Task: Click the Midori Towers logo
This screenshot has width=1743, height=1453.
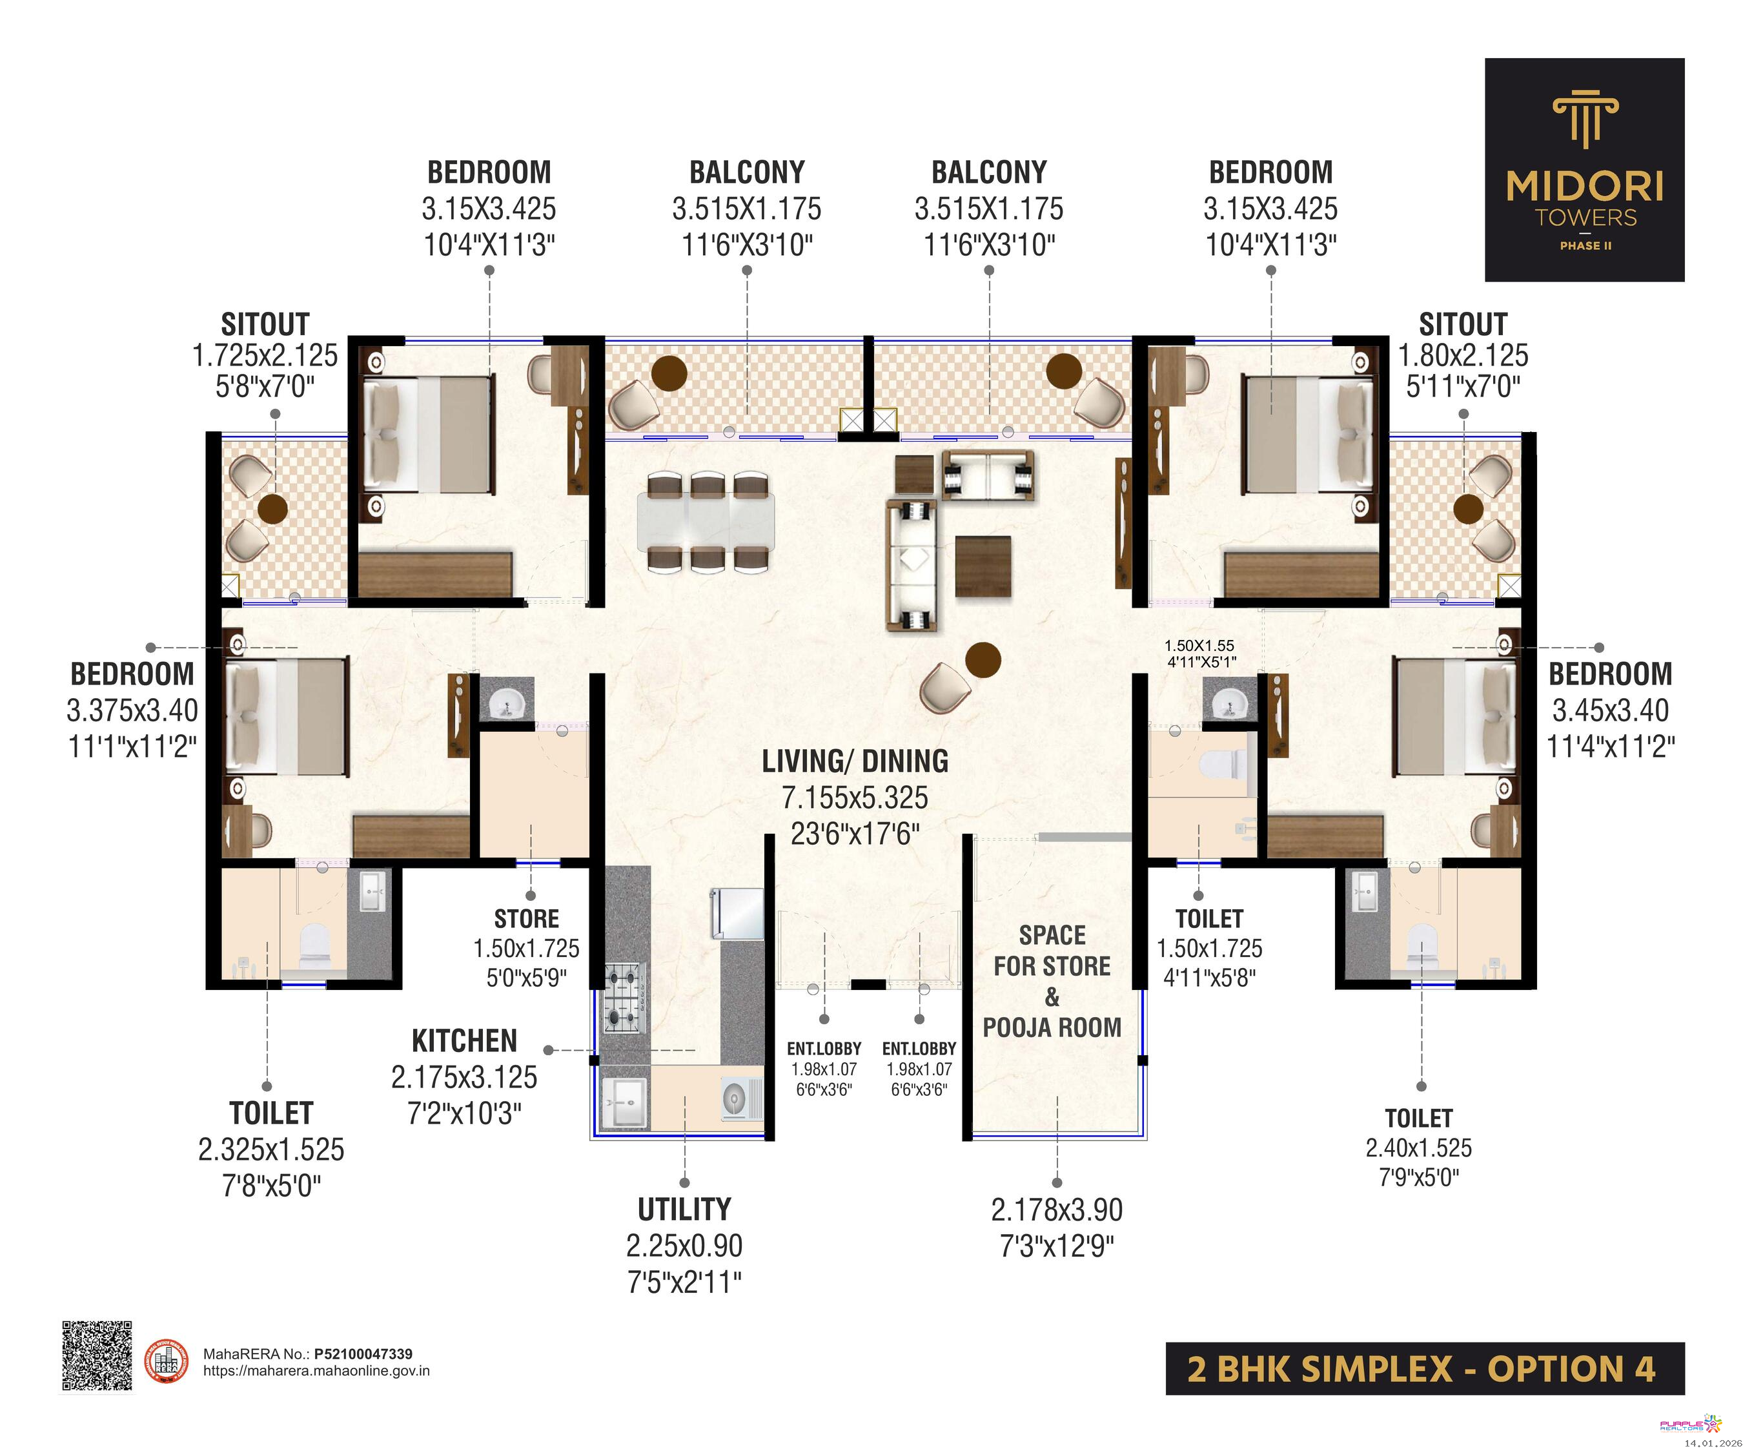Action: (1584, 169)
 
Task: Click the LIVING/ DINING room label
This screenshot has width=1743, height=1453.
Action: (855, 761)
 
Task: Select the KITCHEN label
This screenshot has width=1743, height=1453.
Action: (464, 1040)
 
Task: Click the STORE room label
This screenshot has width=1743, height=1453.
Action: (526, 919)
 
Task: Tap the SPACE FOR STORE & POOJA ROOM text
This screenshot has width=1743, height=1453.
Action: (1052, 982)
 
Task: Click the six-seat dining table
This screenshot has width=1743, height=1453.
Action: (706, 521)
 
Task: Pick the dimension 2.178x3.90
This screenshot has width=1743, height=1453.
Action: (1057, 1210)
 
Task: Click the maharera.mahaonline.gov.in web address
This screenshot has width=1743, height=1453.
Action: (316, 1371)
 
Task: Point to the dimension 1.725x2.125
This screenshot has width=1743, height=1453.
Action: (265, 355)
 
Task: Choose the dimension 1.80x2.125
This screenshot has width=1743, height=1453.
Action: (1463, 355)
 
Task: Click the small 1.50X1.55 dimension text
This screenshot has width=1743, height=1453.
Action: (1199, 645)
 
